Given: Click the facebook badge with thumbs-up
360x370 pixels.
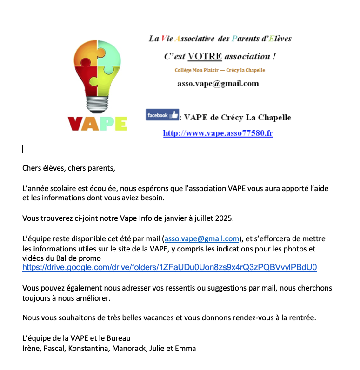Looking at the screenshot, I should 162,115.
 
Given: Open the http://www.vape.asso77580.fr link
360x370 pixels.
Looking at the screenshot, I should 218,133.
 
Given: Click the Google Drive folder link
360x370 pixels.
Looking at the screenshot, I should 170,267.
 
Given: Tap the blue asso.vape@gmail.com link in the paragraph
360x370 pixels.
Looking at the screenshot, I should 202,239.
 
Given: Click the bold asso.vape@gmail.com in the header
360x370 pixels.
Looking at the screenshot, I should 218,84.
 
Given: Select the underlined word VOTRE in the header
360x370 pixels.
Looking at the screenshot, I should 205,57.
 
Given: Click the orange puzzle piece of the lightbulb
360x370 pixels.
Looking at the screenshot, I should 87,53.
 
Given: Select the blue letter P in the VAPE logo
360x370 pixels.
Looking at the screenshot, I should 105,123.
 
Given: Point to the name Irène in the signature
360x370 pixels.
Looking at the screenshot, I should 31,348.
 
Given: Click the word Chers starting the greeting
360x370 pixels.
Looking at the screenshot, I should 32,168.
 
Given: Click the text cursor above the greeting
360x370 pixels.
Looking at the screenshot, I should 23,149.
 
